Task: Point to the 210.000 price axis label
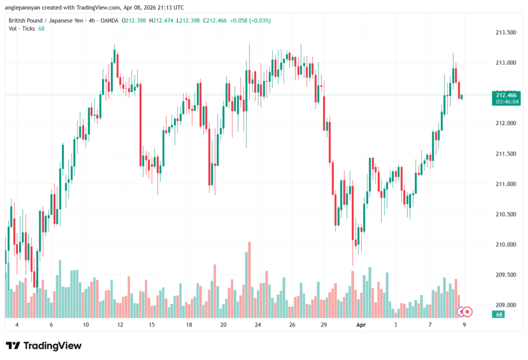[505, 244]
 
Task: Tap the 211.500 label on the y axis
[505, 154]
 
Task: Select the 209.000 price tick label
[505, 305]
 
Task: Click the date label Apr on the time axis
[361, 325]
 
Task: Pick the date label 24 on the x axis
[258, 325]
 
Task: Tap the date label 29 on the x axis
[324, 325]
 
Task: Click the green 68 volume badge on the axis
[499, 314]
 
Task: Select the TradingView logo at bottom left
[44, 346]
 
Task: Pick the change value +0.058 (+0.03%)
[251, 21]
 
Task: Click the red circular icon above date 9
[467, 312]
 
